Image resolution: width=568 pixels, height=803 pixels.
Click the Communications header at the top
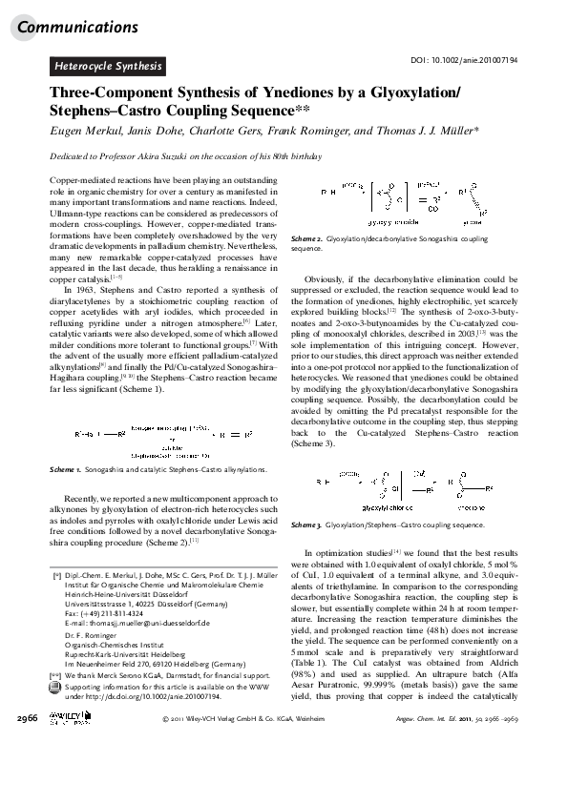(76, 27)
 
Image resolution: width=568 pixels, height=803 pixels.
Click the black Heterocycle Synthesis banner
(108, 66)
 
